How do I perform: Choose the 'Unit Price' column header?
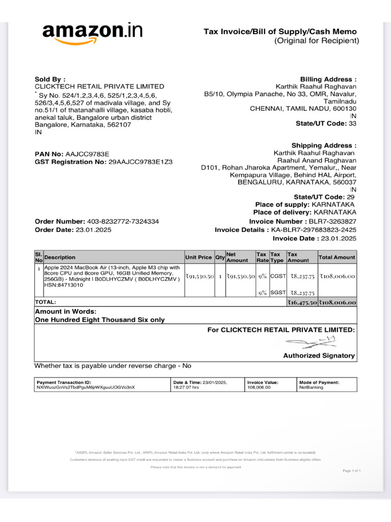pos(199,257)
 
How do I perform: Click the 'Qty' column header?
pos(220,257)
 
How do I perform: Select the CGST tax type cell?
pos(278,276)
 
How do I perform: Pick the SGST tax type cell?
pos(278,293)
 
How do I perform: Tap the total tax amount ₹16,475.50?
pos(302,302)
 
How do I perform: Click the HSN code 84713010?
pos(65,285)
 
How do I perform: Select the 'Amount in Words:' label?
pos(65,311)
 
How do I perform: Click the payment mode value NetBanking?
pos(312,387)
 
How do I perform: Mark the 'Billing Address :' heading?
pos(328,80)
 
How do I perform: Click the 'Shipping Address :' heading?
pos(324,146)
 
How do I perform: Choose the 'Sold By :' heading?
pos(50,80)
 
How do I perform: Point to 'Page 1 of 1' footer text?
pos(352,471)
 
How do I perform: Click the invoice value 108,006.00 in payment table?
pos(259,387)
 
